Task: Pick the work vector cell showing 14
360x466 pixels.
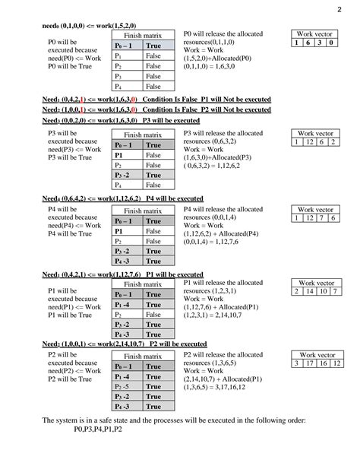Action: (x=314, y=291)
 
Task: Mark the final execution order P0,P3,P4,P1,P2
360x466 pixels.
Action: (x=99, y=430)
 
